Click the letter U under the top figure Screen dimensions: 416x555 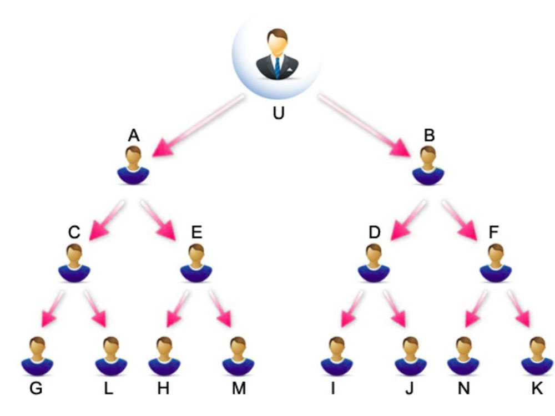click(278, 114)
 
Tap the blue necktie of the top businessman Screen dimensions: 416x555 click(277, 66)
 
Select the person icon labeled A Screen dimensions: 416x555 click(133, 166)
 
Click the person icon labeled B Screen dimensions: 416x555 click(428, 166)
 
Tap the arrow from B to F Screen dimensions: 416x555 click(461, 220)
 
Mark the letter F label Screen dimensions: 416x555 click(493, 232)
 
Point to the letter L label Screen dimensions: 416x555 click(108, 388)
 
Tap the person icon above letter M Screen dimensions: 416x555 click(238, 355)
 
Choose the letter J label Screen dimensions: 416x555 click(409, 388)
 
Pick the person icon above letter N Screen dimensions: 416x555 click(463, 355)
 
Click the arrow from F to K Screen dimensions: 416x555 click(518, 310)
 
